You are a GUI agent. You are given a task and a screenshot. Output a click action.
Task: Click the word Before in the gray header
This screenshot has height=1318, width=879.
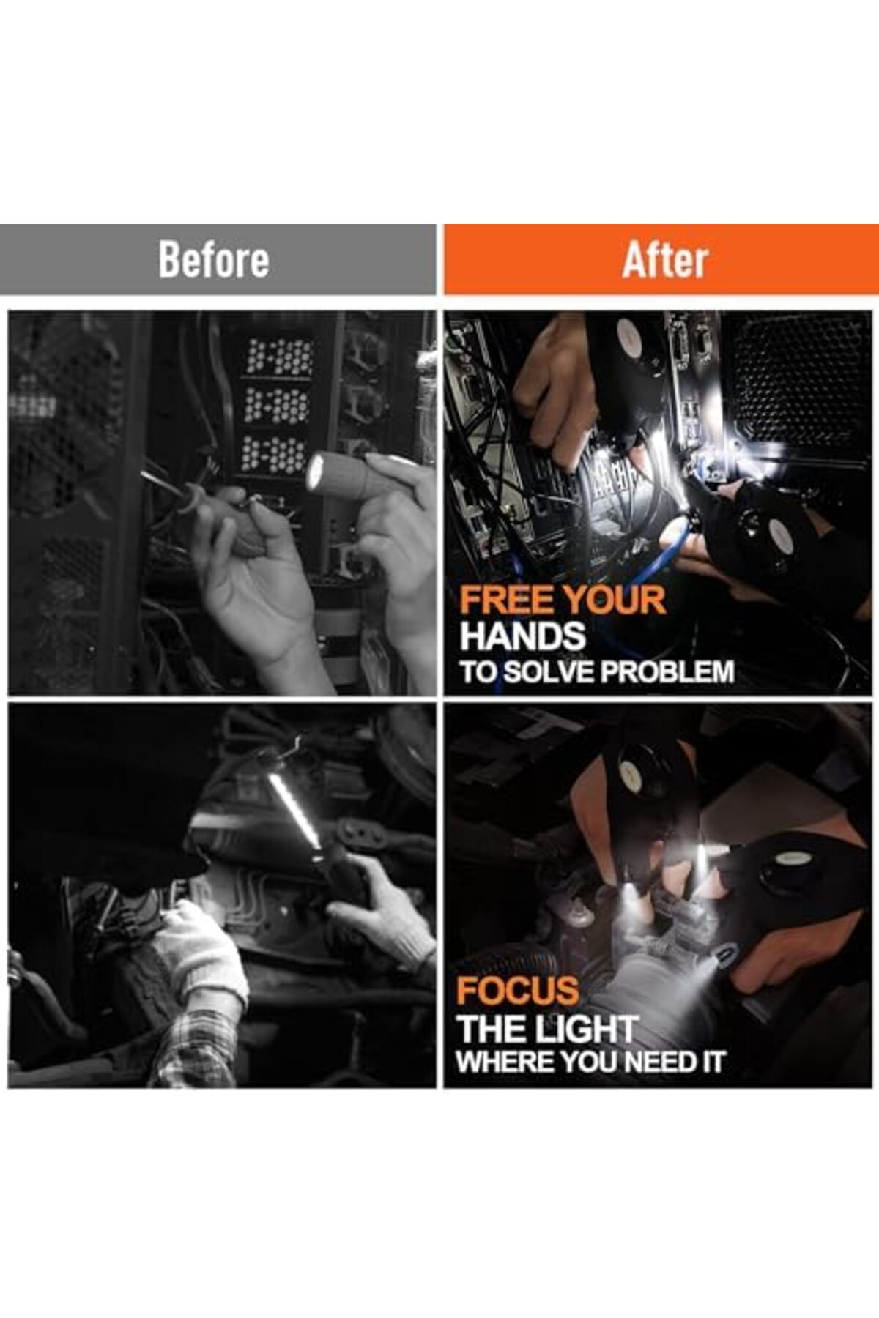coord(214,260)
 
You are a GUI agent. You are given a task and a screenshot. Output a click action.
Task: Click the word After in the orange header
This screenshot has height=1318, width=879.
coord(665,260)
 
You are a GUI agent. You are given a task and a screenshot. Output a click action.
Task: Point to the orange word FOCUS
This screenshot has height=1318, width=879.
coord(517,991)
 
